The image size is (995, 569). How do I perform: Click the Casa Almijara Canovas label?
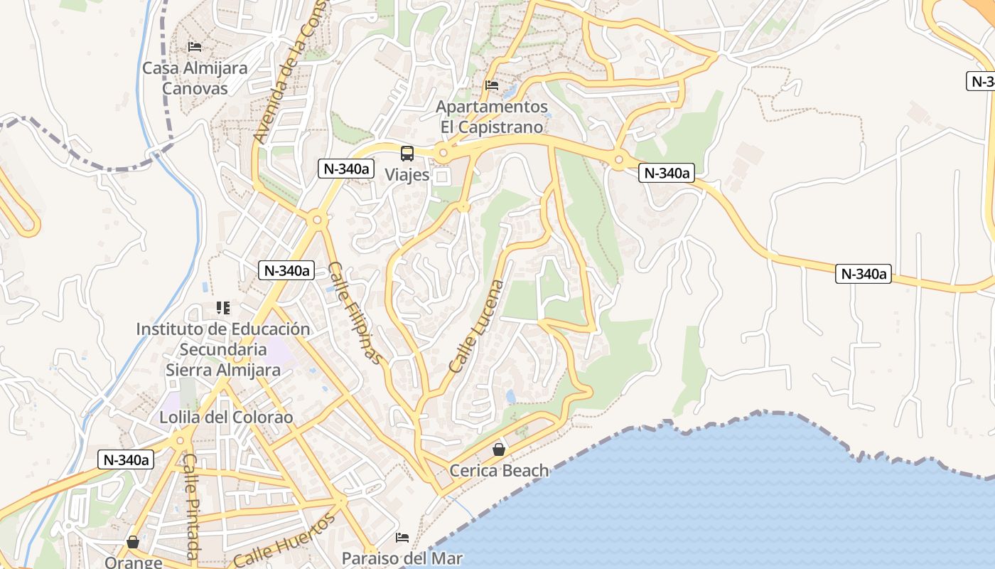(x=195, y=78)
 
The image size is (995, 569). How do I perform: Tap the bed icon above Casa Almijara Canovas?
(x=195, y=48)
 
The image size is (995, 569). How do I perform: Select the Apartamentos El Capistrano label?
(x=492, y=117)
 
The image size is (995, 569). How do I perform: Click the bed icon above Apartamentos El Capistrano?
(x=492, y=85)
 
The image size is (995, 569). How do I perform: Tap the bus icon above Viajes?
(x=407, y=153)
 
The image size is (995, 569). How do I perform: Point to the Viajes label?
(x=407, y=174)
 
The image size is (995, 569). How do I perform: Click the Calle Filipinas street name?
(x=355, y=313)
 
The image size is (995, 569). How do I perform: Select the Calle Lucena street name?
(x=477, y=326)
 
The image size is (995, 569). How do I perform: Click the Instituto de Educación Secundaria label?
(x=223, y=349)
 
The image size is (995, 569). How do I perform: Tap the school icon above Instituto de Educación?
(x=223, y=308)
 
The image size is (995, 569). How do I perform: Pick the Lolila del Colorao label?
(x=226, y=418)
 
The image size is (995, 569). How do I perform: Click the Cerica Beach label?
(x=499, y=470)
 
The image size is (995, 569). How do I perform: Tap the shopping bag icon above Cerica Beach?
(x=499, y=450)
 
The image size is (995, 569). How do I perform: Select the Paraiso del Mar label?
(x=402, y=558)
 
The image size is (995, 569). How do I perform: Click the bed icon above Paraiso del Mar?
(x=402, y=537)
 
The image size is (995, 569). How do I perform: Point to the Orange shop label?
(x=133, y=562)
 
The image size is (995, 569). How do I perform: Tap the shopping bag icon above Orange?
(x=133, y=543)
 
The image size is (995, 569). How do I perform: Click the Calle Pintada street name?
(x=190, y=506)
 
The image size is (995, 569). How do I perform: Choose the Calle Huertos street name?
(x=284, y=541)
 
